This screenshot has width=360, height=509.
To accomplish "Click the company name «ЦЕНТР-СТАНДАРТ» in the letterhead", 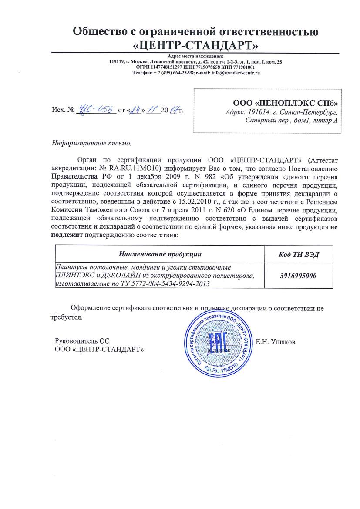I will pyautogui.click(x=195, y=45).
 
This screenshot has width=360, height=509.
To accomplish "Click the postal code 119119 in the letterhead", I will pyautogui.click(x=116, y=62).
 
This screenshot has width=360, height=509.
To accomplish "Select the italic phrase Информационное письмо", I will pyautogui.click(x=91, y=143).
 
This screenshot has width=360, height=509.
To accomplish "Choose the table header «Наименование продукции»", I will pyautogui.click(x=160, y=254).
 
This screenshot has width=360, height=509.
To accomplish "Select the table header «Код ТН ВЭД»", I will pyautogui.click(x=298, y=254).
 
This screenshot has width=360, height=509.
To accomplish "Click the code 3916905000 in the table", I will pyautogui.click(x=298, y=276).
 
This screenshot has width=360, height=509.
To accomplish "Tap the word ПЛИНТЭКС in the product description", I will pyautogui.click(x=71, y=276).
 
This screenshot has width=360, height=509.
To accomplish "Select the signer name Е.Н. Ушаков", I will pyautogui.click(x=276, y=342).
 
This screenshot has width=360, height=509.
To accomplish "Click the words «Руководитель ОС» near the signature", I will pyautogui.click(x=79, y=341).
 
